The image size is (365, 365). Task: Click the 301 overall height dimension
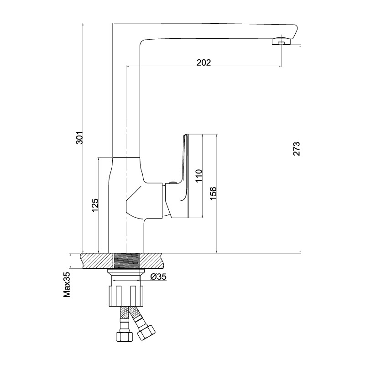point(79,138)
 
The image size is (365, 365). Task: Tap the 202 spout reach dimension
point(203,63)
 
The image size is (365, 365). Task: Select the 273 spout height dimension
point(297,149)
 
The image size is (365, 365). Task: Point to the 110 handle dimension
point(199,176)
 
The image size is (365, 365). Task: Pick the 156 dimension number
point(213,193)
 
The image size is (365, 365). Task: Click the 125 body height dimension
point(95,205)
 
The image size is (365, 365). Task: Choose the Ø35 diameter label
point(158,276)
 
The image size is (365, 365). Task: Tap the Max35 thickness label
point(67,284)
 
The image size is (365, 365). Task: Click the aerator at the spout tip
point(282,41)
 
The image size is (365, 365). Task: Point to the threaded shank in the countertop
point(126,261)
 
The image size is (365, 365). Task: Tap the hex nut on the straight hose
point(124,337)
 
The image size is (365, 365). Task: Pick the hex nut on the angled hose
point(146,332)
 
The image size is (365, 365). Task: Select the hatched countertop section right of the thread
point(151,261)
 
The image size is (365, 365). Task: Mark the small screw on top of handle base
point(172,183)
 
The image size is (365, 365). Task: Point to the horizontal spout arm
point(216,31)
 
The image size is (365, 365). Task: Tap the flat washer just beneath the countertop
point(126,271)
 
